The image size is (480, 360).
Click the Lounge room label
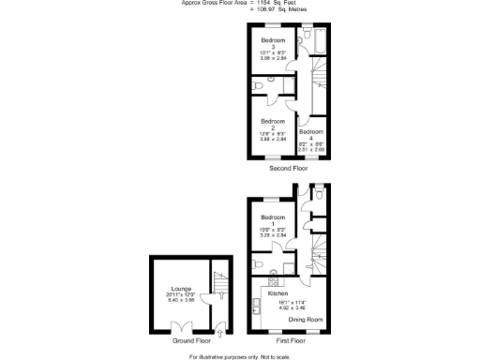[181, 289]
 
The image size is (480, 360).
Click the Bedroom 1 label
[273, 218]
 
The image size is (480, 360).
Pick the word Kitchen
[278, 293]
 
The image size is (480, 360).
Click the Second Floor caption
[288, 169]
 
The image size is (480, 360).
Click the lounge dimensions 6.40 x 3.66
[181, 301]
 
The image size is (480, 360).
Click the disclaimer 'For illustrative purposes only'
[240, 356]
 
